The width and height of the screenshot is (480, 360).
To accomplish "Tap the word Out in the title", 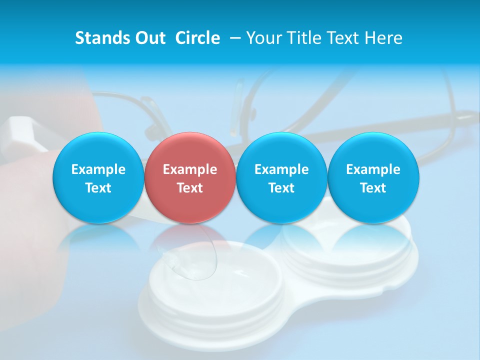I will pyautogui.click(x=149, y=38).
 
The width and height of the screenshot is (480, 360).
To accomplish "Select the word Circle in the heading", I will pyautogui.click(x=197, y=38).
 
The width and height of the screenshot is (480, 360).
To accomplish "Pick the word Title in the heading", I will pyautogui.click(x=302, y=38).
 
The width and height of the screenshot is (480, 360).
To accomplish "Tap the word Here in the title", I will pyautogui.click(x=385, y=38).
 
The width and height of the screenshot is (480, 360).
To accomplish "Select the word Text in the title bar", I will pyautogui.click(x=344, y=38).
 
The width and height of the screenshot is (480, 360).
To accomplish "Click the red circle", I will pyautogui.click(x=189, y=150).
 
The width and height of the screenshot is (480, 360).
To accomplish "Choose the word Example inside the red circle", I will pyautogui.click(x=190, y=169).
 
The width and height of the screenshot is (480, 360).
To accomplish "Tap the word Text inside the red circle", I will pyautogui.click(x=190, y=188).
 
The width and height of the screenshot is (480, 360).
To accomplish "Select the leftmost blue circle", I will pyautogui.click(x=98, y=150).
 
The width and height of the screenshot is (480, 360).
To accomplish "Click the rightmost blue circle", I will pyautogui.click(x=373, y=150).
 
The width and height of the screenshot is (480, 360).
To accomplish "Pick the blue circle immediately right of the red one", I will pyautogui.click(x=281, y=150).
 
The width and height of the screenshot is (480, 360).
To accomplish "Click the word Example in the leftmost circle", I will pyautogui.click(x=98, y=169).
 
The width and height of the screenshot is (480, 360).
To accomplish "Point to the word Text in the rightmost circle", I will pyautogui.click(x=373, y=188).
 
